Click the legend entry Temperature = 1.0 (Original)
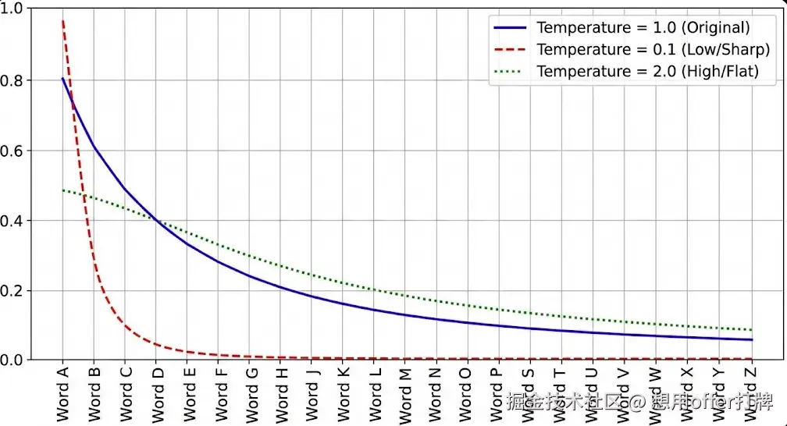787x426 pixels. pos(643,27)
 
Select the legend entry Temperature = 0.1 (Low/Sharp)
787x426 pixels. pos(653,49)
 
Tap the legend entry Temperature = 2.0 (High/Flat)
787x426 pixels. pos(647,72)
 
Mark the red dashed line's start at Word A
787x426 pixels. pos(62,20)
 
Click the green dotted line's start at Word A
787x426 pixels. pos(62,190)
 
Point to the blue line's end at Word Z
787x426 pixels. pos(752,339)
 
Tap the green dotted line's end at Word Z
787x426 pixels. pos(752,330)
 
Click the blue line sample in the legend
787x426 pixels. pos(511,27)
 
